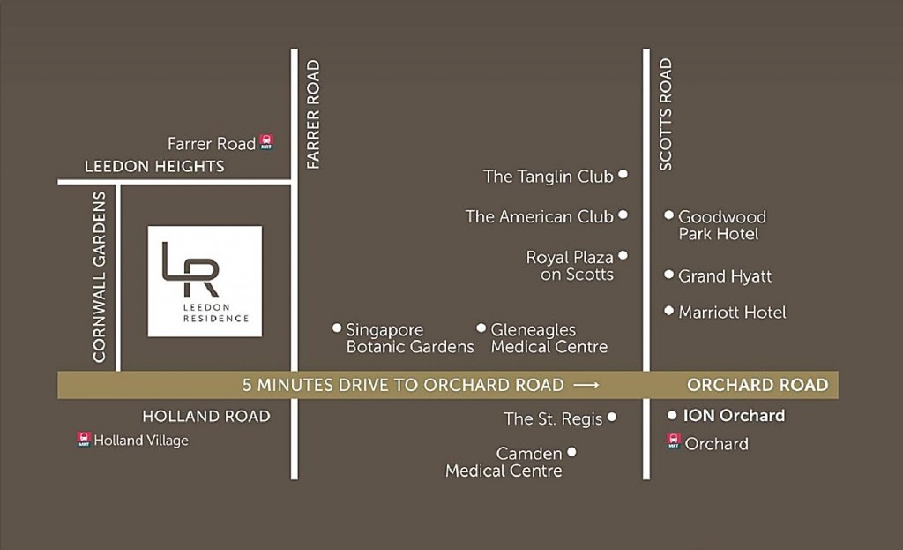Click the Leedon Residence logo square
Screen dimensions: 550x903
[x=205, y=281]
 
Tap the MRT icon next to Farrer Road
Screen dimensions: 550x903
[x=266, y=142]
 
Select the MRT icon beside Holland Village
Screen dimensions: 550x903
[x=84, y=439]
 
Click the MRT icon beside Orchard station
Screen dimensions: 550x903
[x=674, y=441]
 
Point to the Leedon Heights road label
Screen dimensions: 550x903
[x=154, y=166]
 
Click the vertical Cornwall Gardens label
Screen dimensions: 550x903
[x=99, y=276]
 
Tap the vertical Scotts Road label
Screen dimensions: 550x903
[x=665, y=114]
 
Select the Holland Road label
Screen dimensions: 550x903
[x=206, y=416]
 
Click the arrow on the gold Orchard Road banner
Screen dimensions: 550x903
[x=586, y=385]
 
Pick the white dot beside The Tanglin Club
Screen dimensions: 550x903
[x=623, y=175]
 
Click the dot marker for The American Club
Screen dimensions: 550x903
[x=623, y=215]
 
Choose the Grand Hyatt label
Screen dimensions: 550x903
[x=724, y=276]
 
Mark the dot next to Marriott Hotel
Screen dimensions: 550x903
[x=669, y=311]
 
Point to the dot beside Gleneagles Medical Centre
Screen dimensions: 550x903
[x=481, y=328]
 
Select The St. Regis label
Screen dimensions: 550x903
[x=553, y=418]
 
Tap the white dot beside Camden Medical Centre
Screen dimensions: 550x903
[x=571, y=452]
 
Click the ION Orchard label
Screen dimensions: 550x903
[x=734, y=415]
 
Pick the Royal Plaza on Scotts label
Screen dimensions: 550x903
[x=570, y=266]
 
